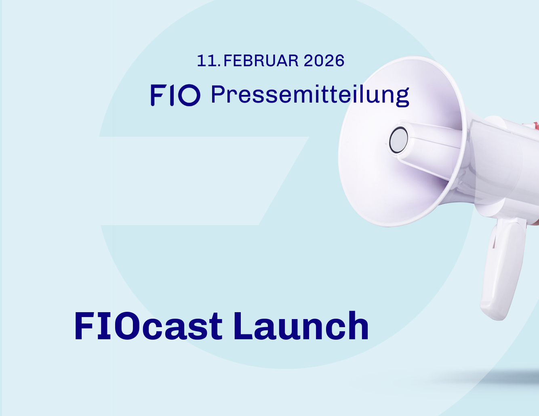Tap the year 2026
[324, 61]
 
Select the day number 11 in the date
[207, 61]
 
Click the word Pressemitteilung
[310, 95]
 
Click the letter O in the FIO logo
[189, 95]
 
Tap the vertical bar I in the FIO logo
[172, 95]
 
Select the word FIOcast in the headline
[148, 326]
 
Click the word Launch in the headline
[301, 326]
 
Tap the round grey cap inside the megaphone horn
[398, 140]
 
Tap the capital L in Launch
[243, 326]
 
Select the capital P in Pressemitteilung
[219, 94]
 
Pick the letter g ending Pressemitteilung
[402, 97]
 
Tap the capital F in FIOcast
[84, 326]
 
